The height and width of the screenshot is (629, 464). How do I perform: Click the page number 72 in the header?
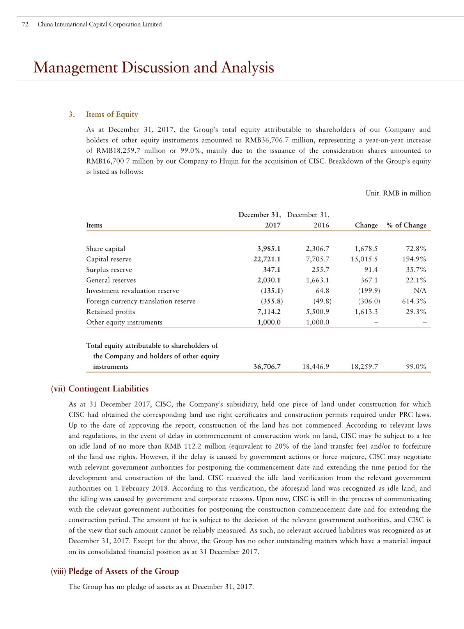pos(25,24)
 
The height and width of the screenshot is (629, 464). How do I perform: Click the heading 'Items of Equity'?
pos(112,115)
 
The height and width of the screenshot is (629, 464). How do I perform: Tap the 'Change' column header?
pos(366,226)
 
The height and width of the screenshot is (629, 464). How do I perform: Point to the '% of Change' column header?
pos(406,226)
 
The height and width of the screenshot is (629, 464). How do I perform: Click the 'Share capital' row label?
pos(106,248)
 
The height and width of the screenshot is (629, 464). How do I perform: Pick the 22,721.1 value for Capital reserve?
pos(267,259)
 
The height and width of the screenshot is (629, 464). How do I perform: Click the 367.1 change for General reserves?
pos(369,280)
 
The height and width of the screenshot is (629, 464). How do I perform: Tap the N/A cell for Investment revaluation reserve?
pos(420,291)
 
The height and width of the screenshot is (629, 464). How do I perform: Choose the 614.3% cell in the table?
pos(414,301)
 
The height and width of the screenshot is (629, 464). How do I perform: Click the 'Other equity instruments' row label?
pos(124,322)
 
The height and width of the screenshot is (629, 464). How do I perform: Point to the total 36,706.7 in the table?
pos(267,366)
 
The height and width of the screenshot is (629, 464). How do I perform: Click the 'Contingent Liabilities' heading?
pos(108,389)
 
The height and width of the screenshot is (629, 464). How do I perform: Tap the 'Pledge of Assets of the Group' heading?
pos(123,571)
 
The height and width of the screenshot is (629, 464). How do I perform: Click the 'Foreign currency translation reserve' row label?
pos(141,301)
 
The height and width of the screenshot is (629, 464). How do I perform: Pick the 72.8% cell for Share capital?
pos(416,248)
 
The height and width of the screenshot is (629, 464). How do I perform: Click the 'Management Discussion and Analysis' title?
pos(154,68)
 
